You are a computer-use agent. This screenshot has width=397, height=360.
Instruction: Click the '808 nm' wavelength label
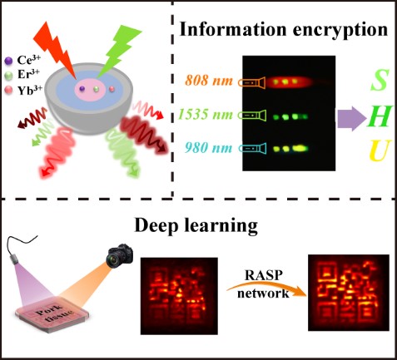point(209,81)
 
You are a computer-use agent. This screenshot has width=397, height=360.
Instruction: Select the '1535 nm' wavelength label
point(206,114)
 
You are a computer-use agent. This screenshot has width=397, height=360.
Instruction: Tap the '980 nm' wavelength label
point(209,148)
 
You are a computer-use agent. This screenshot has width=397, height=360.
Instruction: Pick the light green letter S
point(379,80)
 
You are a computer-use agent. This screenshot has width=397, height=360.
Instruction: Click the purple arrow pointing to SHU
point(352,118)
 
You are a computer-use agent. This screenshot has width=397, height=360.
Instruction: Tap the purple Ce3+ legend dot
point(9,60)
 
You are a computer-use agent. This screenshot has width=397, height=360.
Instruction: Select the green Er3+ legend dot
point(9,76)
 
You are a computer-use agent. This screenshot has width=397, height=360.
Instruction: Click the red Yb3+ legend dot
point(9,90)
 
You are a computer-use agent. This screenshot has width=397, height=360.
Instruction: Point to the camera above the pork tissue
point(119,255)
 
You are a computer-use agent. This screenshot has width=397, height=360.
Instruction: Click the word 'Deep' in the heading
point(156,226)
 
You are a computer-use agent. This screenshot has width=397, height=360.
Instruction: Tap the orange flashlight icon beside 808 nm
point(252,82)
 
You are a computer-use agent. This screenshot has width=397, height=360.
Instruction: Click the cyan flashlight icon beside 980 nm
point(253,149)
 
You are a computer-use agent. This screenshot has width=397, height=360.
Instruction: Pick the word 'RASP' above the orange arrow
point(264,275)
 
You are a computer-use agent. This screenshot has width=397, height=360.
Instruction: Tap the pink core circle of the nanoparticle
point(90,89)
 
